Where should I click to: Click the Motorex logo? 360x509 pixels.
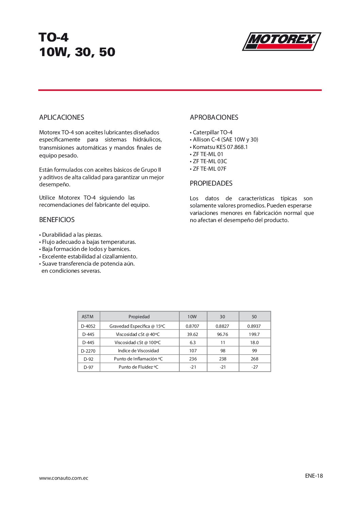281,41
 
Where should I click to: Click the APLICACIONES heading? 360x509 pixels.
62,117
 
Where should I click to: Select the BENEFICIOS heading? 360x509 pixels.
57,220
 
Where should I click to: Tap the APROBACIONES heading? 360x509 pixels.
214,117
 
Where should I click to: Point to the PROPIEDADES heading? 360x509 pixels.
211,183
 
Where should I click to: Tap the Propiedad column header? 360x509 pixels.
139,317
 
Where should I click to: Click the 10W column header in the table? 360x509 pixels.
192,317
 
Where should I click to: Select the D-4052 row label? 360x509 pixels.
88,326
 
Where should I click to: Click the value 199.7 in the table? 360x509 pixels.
254,334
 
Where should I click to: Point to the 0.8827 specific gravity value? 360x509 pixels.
223,326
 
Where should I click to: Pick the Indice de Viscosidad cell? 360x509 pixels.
138,351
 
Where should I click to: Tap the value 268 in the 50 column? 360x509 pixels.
255,359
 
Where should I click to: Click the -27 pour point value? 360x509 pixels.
255,367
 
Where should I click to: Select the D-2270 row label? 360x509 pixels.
88,351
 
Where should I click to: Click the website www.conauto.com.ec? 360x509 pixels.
64,478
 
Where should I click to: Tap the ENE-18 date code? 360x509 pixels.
314,476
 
